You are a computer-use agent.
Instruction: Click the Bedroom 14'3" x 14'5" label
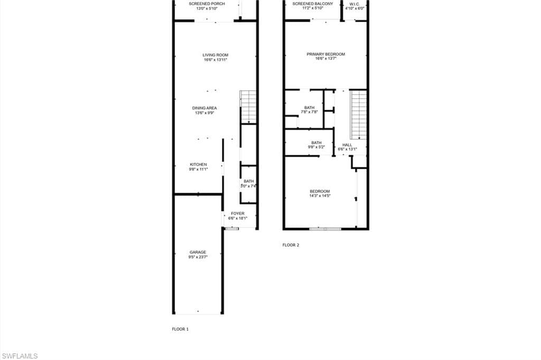click(x=320, y=193)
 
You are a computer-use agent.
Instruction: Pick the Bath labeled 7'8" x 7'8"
click(x=309, y=110)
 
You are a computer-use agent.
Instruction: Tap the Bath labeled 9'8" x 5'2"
click(x=316, y=145)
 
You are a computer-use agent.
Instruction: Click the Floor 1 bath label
click(x=248, y=184)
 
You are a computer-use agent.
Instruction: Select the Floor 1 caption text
click(x=181, y=329)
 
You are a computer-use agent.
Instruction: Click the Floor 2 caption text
click(x=291, y=245)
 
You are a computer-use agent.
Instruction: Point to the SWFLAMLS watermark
click(x=20, y=356)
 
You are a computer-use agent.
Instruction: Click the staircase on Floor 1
click(x=248, y=107)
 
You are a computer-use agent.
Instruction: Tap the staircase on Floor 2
click(x=359, y=115)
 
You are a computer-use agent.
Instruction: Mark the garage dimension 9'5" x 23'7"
click(x=198, y=257)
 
